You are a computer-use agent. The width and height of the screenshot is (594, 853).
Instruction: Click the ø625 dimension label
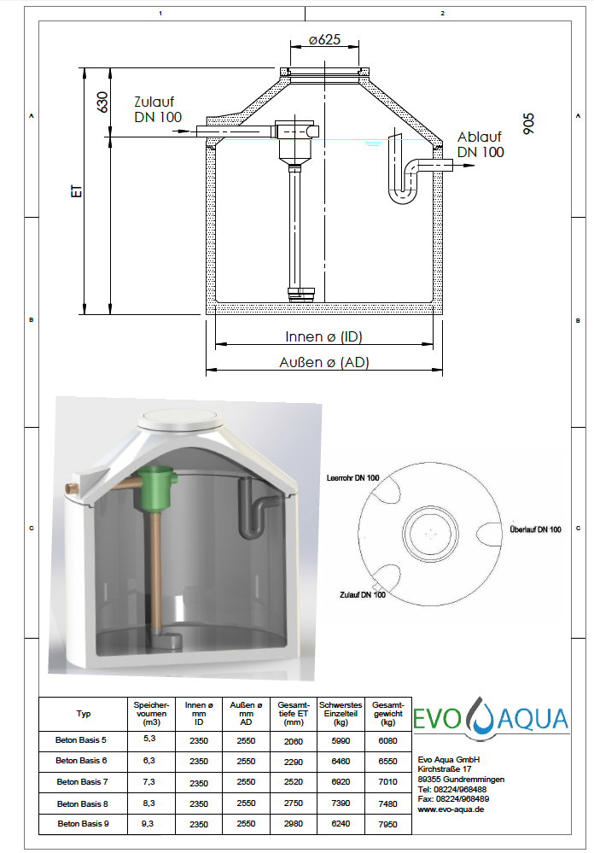click(324, 40)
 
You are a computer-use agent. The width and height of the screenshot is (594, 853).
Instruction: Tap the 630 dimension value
click(102, 102)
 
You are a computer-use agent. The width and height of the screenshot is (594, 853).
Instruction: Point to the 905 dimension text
click(528, 124)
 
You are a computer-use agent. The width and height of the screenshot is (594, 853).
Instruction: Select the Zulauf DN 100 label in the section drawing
click(158, 109)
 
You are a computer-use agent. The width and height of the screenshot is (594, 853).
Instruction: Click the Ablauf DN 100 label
click(480, 144)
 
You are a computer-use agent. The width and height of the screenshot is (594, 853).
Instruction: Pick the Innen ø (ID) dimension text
click(323, 336)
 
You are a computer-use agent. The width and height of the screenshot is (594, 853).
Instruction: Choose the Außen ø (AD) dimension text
click(324, 362)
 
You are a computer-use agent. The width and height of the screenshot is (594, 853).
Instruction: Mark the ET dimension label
click(77, 191)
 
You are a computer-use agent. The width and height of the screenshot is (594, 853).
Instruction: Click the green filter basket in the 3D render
click(155, 488)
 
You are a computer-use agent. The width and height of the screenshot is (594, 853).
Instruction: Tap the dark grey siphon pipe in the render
click(252, 509)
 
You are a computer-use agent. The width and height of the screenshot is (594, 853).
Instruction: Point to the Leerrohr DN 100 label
click(353, 478)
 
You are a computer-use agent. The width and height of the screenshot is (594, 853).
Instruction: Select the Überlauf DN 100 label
click(535, 529)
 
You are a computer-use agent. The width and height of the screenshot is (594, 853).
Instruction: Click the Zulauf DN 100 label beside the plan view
click(362, 595)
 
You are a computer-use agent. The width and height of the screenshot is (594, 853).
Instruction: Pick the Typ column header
click(84, 714)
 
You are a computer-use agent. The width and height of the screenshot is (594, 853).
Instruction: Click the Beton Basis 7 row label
click(82, 782)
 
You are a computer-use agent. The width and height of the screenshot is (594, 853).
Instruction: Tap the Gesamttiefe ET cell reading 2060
click(294, 741)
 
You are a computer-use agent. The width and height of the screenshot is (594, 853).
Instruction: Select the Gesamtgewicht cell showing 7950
click(387, 824)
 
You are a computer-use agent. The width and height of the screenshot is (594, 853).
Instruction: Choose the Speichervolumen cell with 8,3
click(148, 803)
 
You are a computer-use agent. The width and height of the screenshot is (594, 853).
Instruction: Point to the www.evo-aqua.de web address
click(451, 809)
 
